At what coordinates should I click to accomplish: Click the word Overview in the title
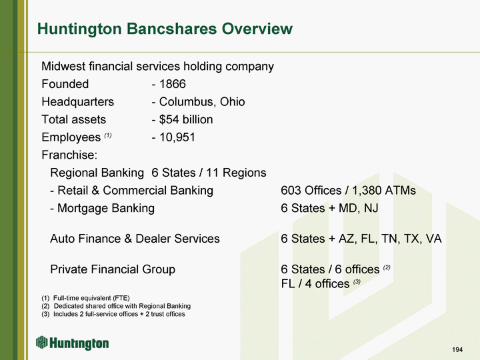pyautogui.click(x=257, y=29)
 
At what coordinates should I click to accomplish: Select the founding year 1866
pyautogui.click(x=173, y=84)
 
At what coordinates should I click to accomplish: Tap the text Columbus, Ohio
pyautogui.click(x=202, y=102)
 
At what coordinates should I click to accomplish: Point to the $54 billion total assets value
pyautogui.click(x=186, y=119)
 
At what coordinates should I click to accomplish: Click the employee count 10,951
pyautogui.click(x=177, y=137)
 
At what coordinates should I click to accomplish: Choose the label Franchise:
pyautogui.click(x=69, y=155)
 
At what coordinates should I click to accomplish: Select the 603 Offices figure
pyautogui.click(x=311, y=191)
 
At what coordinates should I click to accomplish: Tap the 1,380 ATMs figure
pyautogui.click(x=384, y=191)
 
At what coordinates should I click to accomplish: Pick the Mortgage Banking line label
pyautogui.click(x=106, y=208)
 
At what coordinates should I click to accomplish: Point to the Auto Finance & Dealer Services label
pyautogui.click(x=135, y=239)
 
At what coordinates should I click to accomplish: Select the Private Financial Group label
pyautogui.click(x=113, y=269)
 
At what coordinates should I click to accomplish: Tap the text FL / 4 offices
pyautogui.click(x=315, y=284)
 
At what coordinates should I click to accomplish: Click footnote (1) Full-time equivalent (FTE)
pyautogui.click(x=86, y=298)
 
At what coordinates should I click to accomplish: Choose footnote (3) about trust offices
pyautogui.click(x=113, y=314)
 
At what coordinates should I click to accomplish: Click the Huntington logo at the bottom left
pyautogui.click(x=72, y=343)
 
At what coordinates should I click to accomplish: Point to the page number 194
pyautogui.click(x=457, y=349)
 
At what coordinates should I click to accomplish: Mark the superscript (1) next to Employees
pyautogui.click(x=108, y=135)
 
